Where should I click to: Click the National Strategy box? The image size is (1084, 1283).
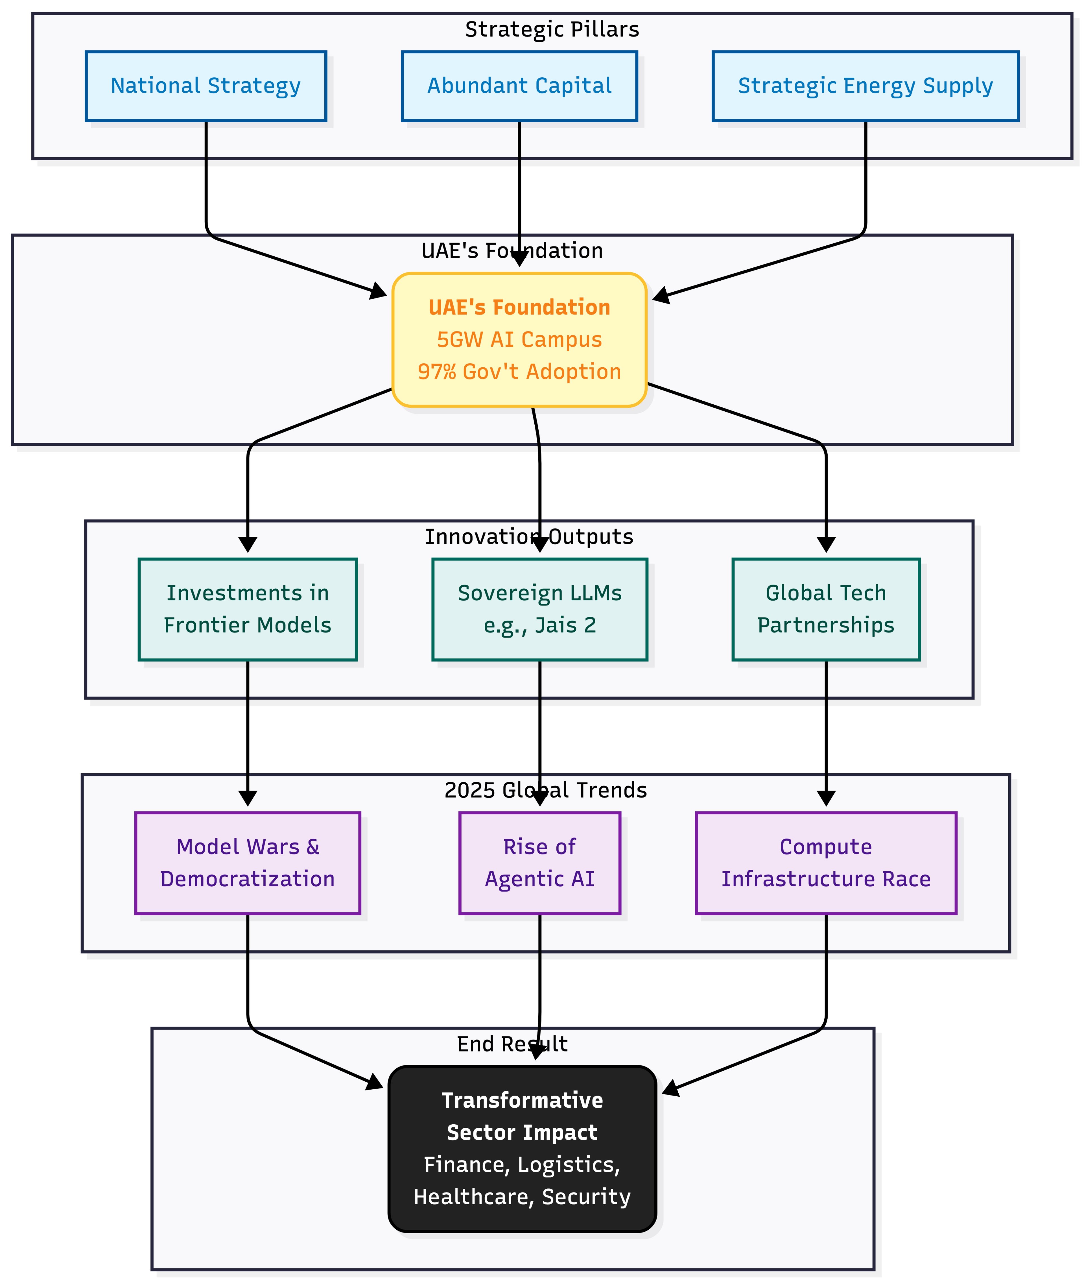(x=206, y=86)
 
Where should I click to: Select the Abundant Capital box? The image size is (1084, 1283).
(x=519, y=86)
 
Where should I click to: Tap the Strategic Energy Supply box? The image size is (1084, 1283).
(x=865, y=86)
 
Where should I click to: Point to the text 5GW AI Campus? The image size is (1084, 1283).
(x=519, y=339)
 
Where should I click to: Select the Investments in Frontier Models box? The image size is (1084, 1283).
(x=248, y=609)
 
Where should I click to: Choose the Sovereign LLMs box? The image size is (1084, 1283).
(x=539, y=609)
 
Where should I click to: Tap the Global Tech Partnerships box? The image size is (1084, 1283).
(x=826, y=609)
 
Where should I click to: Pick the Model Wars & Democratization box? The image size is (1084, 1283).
(x=248, y=863)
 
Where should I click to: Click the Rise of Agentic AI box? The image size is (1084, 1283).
(x=539, y=863)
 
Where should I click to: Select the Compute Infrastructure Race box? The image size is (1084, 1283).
(x=826, y=863)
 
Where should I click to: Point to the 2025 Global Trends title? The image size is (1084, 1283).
(x=546, y=790)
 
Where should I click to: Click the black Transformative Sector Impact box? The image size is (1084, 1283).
(x=522, y=1150)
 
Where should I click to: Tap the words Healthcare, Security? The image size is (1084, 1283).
(x=522, y=1197)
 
